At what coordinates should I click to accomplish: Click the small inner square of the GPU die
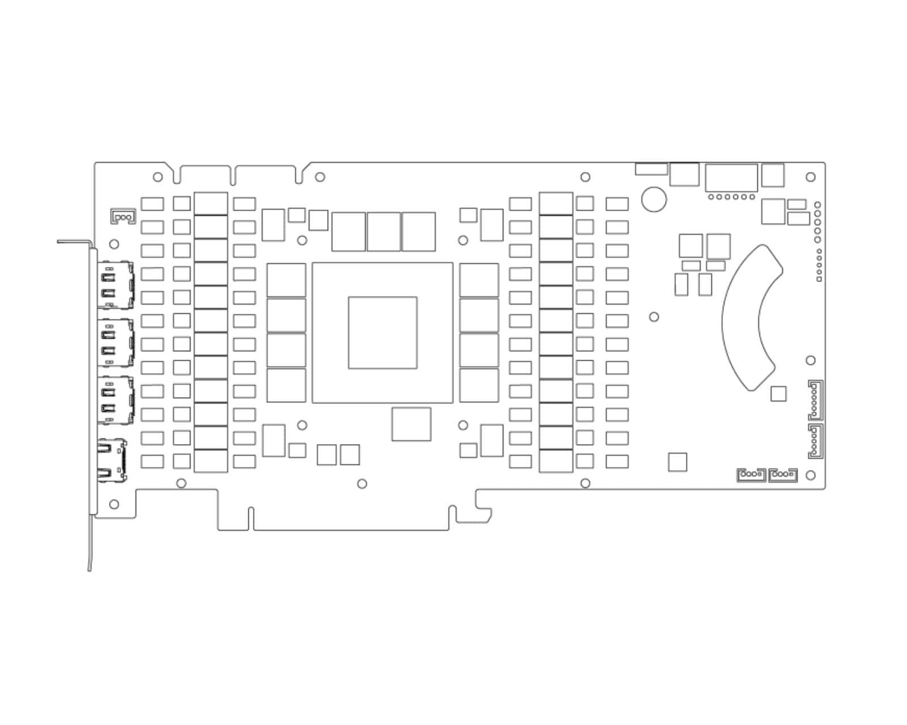(383, 332)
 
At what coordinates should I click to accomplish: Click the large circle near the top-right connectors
(654, 199)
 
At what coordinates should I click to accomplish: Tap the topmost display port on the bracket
(116, 285)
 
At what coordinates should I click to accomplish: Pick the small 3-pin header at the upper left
(123, 216)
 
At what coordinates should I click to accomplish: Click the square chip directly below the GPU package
(411, 424)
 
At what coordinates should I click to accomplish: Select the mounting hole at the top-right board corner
(811, 177)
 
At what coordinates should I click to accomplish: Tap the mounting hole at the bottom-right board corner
(811, 475)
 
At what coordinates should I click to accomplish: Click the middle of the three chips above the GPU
(384, 232)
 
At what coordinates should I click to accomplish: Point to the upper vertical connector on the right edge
(815, 400)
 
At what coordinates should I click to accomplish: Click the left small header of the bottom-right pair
(751, 475)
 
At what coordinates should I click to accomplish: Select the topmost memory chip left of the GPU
(286, 280)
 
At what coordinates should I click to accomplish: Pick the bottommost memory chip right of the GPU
(479, 385)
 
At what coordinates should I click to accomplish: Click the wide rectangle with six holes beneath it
(731, 178)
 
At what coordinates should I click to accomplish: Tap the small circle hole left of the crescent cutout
(654, 317)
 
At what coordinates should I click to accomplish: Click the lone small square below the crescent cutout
(778, 394)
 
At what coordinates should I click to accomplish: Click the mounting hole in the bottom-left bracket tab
(114, 504)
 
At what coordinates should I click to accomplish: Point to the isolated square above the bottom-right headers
(677, 462)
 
